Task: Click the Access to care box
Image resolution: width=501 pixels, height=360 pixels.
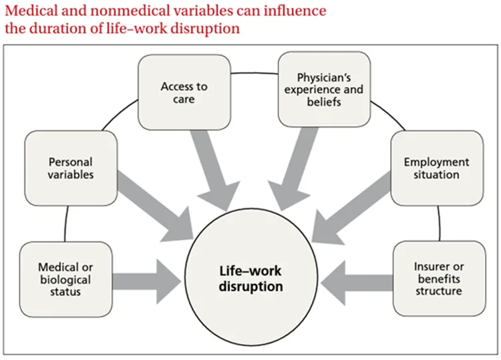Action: [x=184, y=92]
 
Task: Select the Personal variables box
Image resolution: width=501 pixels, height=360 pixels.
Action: [x=70, y=168]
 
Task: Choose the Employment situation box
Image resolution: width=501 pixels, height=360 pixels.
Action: [x=437, y=168]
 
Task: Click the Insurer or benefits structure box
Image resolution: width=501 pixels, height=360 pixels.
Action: [x=438, y=279]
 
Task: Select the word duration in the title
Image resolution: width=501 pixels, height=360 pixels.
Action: [x=53, y=29]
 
